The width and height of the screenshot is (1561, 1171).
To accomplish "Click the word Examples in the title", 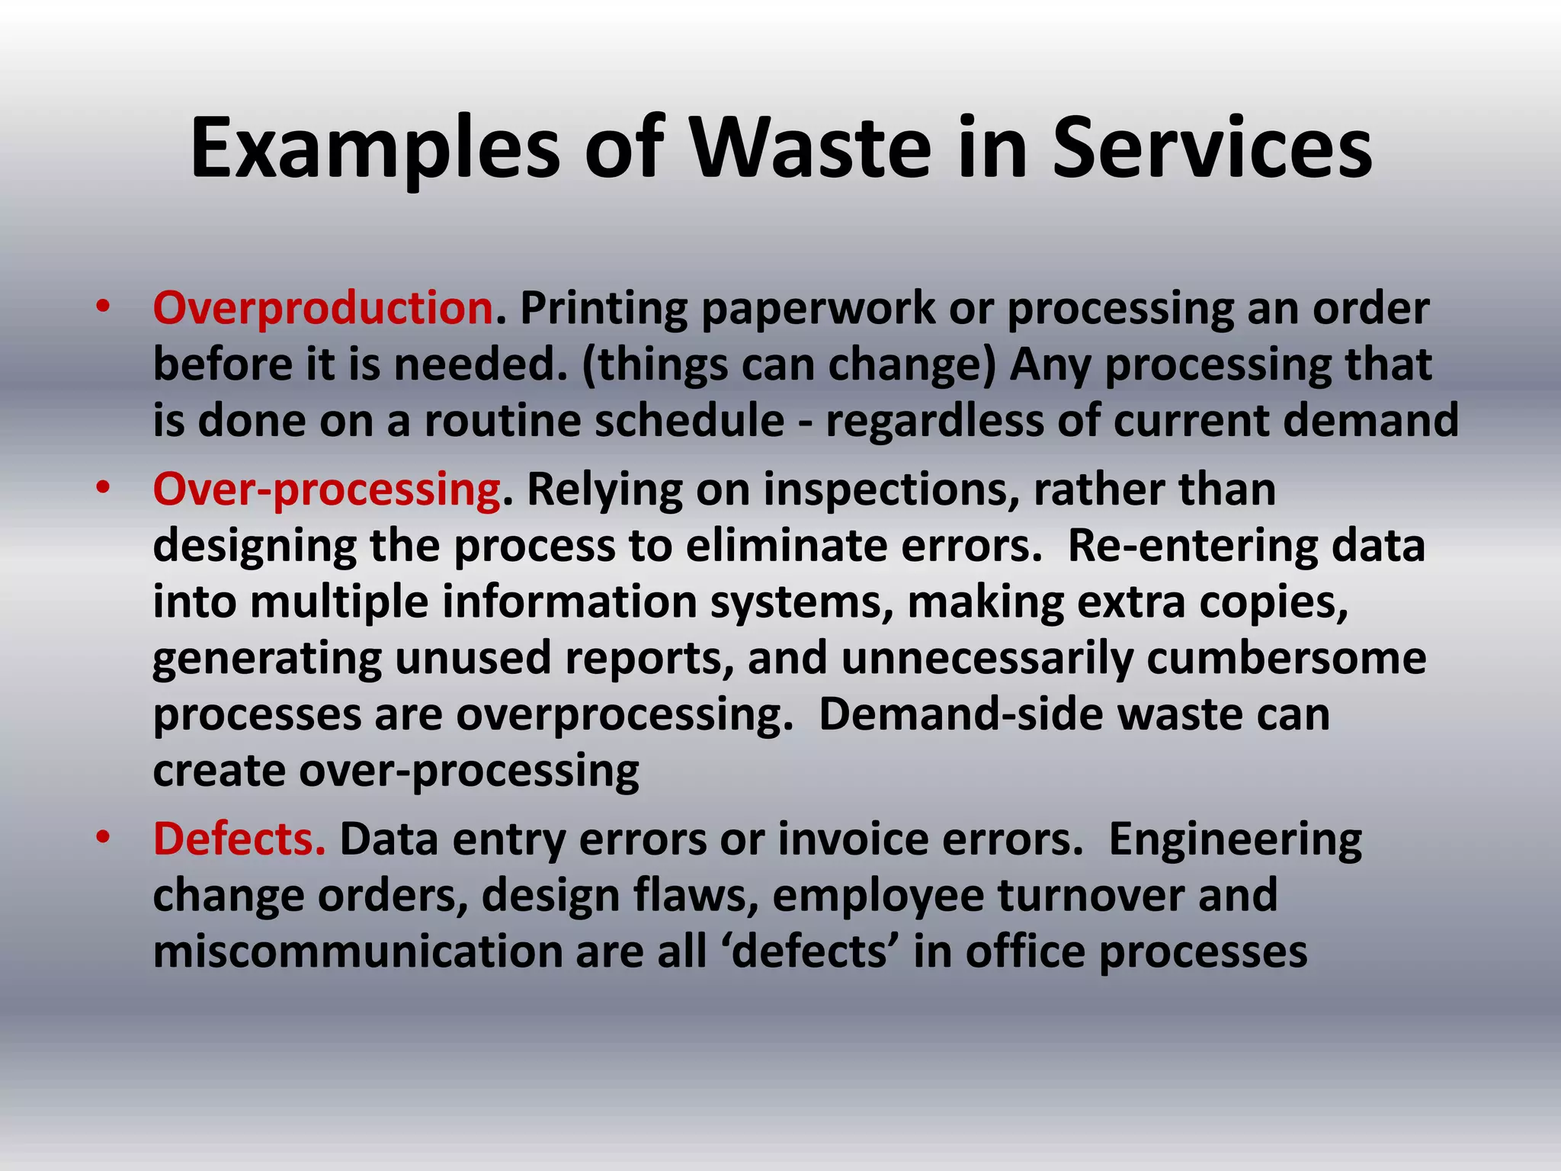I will tap(374, 149).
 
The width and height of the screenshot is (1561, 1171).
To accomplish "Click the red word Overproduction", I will tap(323, 308).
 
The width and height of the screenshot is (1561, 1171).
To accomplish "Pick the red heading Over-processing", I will tap(326, 489).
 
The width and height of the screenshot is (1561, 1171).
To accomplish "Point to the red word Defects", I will tap(239, 839).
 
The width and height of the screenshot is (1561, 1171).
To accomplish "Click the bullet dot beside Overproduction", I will tap(103, 307).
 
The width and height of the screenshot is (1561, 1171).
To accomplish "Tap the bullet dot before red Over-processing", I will tap(103, 488).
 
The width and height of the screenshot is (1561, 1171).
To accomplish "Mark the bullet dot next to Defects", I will tap(103, 838).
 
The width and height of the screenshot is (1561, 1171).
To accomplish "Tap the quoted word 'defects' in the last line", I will tap(811, 952).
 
